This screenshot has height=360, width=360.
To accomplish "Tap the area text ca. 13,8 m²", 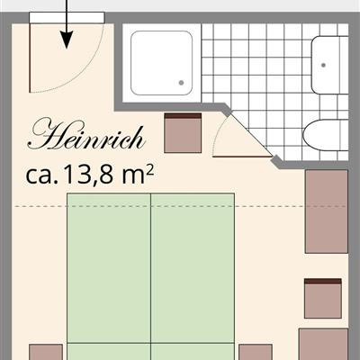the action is (90, 175).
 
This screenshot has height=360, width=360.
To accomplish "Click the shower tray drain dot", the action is (181, 83).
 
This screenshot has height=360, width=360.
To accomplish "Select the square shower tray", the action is (161, 63).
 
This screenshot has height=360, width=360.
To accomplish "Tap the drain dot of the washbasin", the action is (323, 65).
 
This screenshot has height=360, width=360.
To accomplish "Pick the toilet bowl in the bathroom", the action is (326, 135).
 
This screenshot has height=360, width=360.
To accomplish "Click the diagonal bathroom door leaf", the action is (250, 135).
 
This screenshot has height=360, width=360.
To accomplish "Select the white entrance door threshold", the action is (67, 17).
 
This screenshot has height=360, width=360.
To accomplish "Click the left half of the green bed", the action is (109, 276).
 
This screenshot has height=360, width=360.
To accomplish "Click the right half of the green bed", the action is (193, 276).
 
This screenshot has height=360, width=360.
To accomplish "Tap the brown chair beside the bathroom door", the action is (183, 132).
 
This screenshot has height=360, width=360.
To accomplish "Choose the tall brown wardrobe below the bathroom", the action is (327, 211).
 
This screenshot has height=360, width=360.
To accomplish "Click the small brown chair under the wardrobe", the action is (323, 298).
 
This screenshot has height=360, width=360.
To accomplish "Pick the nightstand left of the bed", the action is (46, 352).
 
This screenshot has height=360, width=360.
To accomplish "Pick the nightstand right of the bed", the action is (256, 352).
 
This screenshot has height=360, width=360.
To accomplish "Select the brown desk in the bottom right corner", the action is (323, 344).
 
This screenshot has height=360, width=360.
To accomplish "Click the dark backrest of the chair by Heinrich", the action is (183, 115).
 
